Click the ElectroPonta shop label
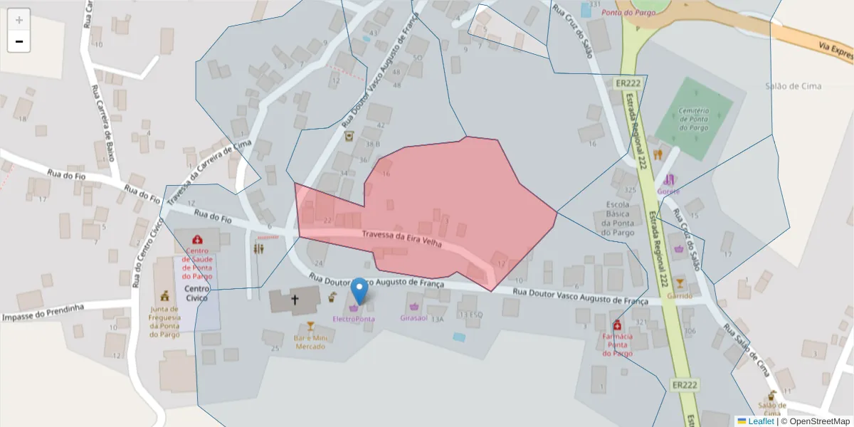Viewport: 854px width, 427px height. (354, 319)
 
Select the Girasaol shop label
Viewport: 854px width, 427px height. (413, 318)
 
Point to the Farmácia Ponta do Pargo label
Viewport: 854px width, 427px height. (617, 344)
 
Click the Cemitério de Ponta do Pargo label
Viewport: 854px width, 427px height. (693, 119)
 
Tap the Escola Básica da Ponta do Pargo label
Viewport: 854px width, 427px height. (617, 218)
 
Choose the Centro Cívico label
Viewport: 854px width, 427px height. (197, 293)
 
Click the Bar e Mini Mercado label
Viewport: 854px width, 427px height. (310, 342)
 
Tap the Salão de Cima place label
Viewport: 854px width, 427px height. (793, 86)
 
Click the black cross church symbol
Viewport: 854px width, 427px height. (295, 300)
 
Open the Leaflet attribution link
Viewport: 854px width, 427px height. (761, 421)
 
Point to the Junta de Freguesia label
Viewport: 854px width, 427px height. (165, 322)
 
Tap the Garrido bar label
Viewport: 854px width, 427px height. (680, 295)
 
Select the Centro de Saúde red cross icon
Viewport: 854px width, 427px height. (197, 240)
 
